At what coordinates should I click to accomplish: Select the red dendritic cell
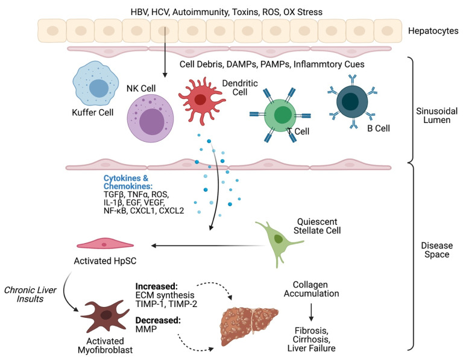201,98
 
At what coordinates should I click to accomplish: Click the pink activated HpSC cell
104,245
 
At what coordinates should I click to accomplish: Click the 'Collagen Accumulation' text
311,288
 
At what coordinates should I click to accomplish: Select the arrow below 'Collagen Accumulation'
311,311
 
